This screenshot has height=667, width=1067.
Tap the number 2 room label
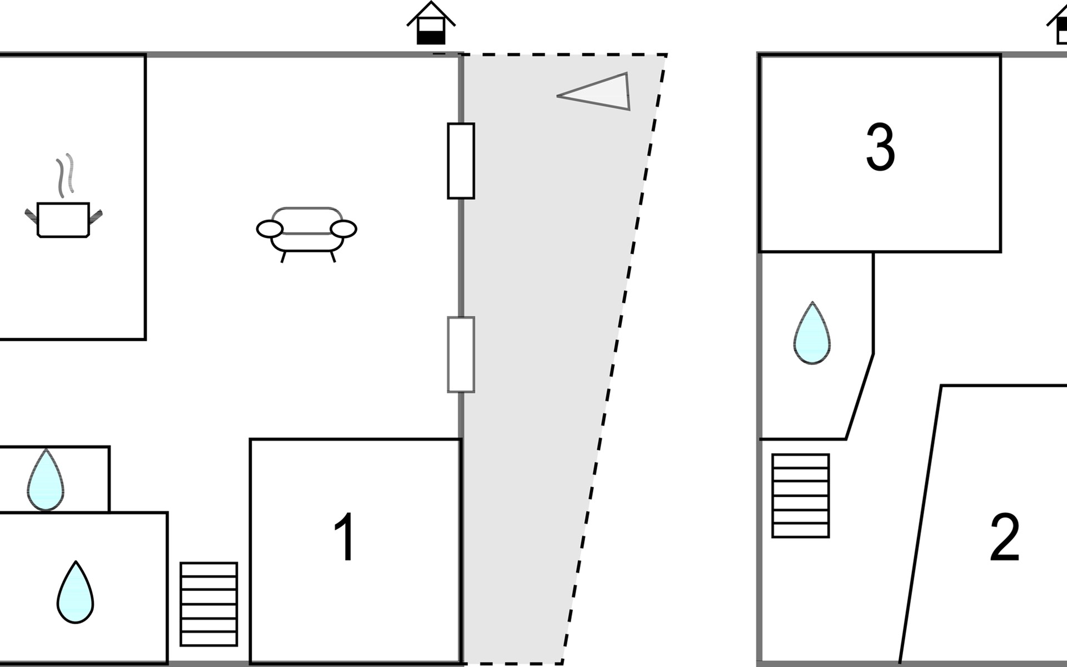click(x=1005, y=537)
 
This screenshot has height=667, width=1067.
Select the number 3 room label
click(x=881, y=147)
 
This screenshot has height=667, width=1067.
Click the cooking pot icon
click(x=63, y=220)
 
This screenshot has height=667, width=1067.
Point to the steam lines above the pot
click(x=65, y=175)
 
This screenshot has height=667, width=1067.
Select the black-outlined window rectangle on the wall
click(x=461, y=161)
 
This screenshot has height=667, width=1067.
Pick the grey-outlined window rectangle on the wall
click(x=461, y=355)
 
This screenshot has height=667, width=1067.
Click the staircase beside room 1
click(x=209, y=604)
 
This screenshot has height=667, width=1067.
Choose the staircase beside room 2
click(x=801, y=496)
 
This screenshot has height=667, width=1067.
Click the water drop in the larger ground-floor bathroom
click(x=75, y=593)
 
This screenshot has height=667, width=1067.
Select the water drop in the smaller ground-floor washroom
click(x=46, y=481)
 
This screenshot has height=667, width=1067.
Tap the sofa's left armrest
click(x=270, y=228)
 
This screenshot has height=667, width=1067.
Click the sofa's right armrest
click(x=343, y=228)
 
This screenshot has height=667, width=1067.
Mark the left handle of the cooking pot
click(x=31, y=214)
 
